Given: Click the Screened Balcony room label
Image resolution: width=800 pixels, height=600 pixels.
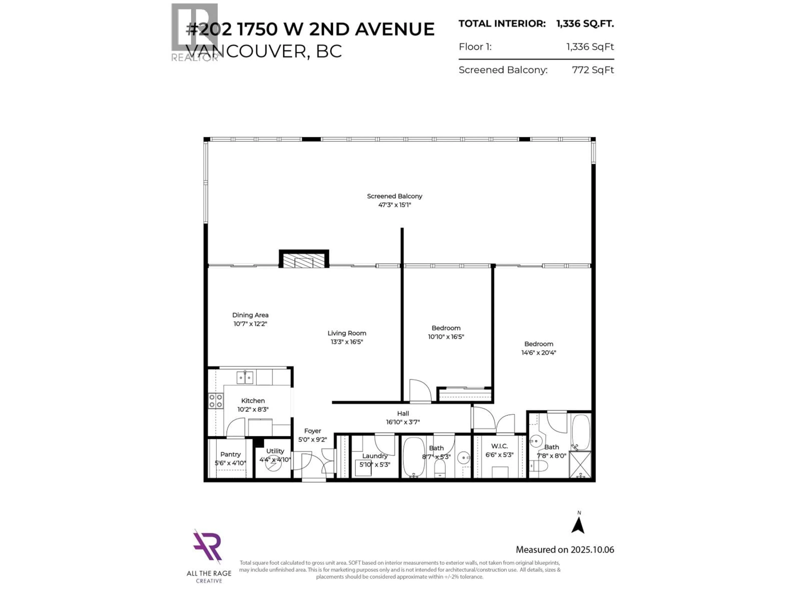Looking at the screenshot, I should (x=394, y=196).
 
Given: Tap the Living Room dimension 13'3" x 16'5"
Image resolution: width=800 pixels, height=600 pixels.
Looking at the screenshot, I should (x=346, y=342).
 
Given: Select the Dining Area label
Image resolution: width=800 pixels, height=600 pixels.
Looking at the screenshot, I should (x=250, y=315).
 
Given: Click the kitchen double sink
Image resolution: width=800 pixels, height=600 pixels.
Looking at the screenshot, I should (x=245, y=377).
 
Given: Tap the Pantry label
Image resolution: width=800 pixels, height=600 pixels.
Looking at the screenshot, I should (x=230, y=454).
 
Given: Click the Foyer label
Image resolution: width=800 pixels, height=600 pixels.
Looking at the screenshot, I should (x=312, y=431).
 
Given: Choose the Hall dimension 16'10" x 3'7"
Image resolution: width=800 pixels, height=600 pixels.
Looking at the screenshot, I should (x=403, y=422).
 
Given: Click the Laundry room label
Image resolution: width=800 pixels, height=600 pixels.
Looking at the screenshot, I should (x=375, y=456).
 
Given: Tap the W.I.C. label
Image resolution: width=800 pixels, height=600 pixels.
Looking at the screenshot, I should (x=499, y=446).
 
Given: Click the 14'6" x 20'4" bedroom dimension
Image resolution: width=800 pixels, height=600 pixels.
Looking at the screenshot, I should (x=539, y=353).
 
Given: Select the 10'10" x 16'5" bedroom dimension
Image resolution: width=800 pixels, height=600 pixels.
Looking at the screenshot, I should (x=446, y=337).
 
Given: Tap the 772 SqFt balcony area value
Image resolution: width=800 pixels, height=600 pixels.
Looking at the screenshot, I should (x=592, y=70).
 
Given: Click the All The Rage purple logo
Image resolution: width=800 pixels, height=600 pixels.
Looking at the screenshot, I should (x=207, y=547).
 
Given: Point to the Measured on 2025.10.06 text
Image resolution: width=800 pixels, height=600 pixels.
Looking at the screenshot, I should (x=565, y=550).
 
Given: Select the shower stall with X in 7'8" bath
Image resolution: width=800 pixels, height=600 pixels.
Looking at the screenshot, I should (x=580, y=465).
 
